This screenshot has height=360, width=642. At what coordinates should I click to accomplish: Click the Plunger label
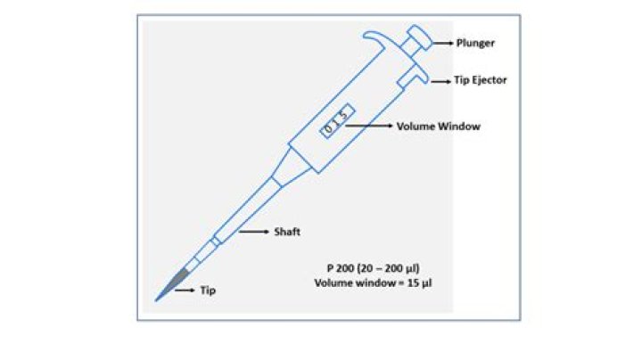475,42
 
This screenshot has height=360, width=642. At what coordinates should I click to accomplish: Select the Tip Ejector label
481,80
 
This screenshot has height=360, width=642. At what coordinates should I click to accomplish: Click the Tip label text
207,290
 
